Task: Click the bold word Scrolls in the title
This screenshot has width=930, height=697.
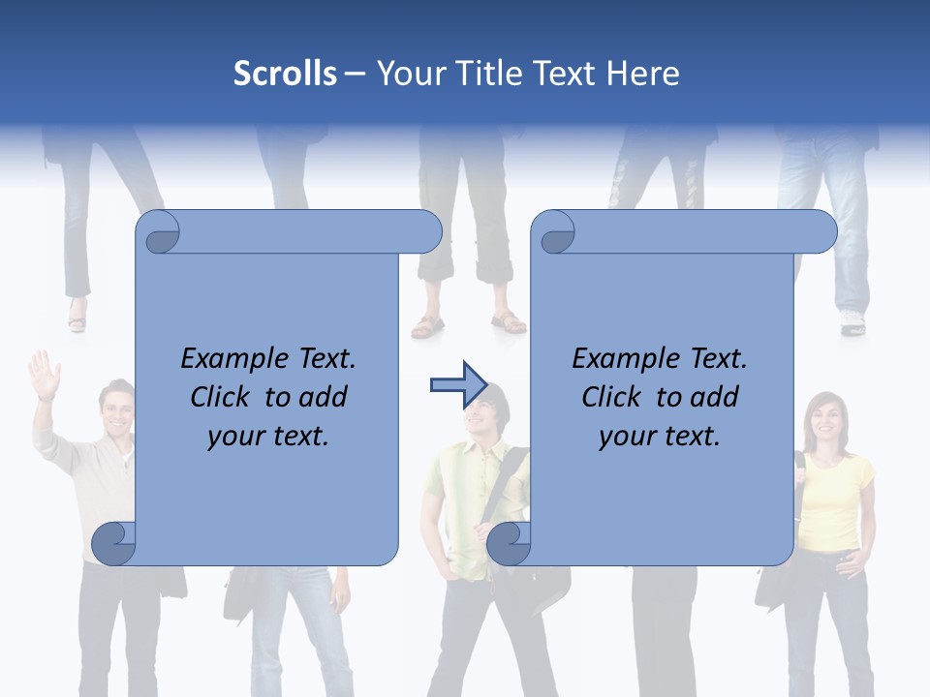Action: (x=285, y=74)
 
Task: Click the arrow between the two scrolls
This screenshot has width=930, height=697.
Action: (x=457, y=385)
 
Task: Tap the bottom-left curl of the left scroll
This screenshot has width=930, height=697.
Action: (x=114, y=544)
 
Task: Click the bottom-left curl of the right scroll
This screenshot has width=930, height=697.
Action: (x=510, y=544)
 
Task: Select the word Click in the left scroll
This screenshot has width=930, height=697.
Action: (x=221, y=397)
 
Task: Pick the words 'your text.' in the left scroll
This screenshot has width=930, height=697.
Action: (x=268, y=436)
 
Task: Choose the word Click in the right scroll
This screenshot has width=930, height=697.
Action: (x=612, y=397)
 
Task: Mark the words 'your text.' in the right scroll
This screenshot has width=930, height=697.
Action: (x=660, y=436)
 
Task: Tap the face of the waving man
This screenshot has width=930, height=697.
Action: (x=117, y=409)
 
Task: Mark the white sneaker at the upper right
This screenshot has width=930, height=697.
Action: (x=852, y=323)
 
